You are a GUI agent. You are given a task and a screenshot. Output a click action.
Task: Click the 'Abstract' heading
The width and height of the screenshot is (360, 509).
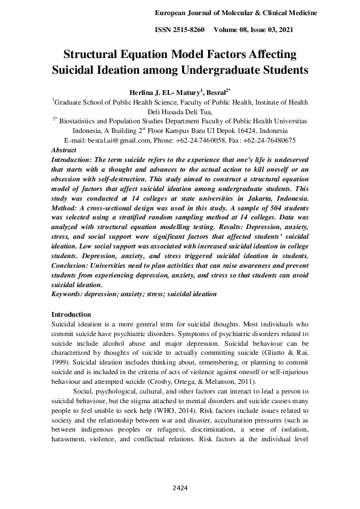pyautogui.click(x=64, y=149)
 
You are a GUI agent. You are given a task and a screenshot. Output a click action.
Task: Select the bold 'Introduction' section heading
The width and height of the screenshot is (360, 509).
pyautogui.click(x=71, y=314)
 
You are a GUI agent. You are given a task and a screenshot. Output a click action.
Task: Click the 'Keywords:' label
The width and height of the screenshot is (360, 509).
pyautogui.click(x=68, y=294)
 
